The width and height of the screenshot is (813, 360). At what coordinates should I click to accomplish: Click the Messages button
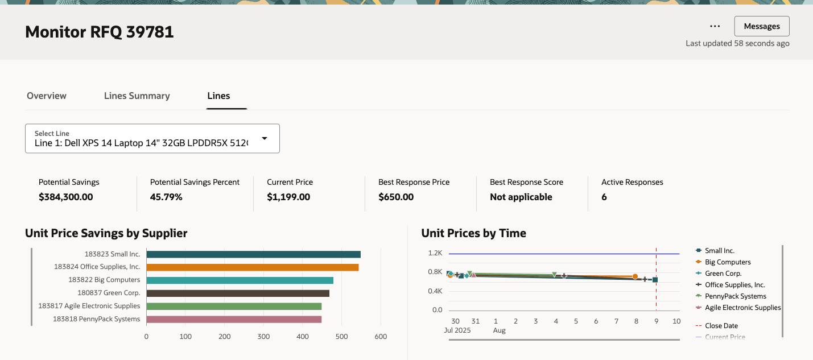click(761, 26)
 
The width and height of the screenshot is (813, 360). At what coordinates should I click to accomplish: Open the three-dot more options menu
click(715, 26)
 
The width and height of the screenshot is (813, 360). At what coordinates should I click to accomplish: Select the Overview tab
click(47, 96)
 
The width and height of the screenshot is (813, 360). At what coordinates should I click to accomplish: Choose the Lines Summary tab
click(137, 96)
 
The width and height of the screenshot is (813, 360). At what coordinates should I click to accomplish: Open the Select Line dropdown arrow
click(265, 138)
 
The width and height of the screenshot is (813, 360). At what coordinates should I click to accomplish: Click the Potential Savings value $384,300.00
click(66, 197)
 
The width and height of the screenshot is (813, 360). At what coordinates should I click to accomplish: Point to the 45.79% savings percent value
click(166, 197)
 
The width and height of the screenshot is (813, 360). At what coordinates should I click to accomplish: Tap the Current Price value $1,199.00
click(288, 197)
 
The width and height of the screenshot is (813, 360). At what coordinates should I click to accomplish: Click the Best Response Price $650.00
click(396, 197)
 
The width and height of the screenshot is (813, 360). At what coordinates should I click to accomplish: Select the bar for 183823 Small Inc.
click(253, 254)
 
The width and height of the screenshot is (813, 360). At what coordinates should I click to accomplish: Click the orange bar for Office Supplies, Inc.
click(252, 267)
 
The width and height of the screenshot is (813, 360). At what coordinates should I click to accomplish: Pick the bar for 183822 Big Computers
click(240, 280)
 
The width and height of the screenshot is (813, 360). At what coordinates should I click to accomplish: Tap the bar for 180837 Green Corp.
click(238, 293)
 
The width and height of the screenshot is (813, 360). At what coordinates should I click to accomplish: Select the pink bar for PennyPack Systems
click(234, 319)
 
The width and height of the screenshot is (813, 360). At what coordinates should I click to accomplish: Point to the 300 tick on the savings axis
click(263, 337)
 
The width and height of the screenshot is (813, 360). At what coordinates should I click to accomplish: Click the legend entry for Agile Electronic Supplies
click(742, 308)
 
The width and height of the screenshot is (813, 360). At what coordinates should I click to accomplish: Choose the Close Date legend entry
click(721, 326)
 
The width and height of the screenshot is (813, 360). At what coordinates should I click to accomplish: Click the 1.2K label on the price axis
click(435, 253)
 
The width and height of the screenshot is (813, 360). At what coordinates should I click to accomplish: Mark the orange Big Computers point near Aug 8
click(635, 276)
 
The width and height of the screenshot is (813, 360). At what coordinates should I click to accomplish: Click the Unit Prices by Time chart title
click(473, 233)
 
